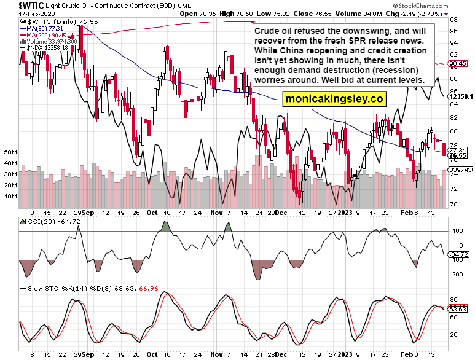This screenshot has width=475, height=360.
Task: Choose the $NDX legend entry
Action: click(43, 48)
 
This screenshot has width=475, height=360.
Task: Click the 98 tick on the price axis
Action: click(453, 19)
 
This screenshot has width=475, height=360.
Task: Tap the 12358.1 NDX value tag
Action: click(460, 96)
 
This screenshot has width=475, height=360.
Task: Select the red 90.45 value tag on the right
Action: click(458, 63)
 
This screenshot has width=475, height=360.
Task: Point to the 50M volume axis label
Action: click(10, 151)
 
